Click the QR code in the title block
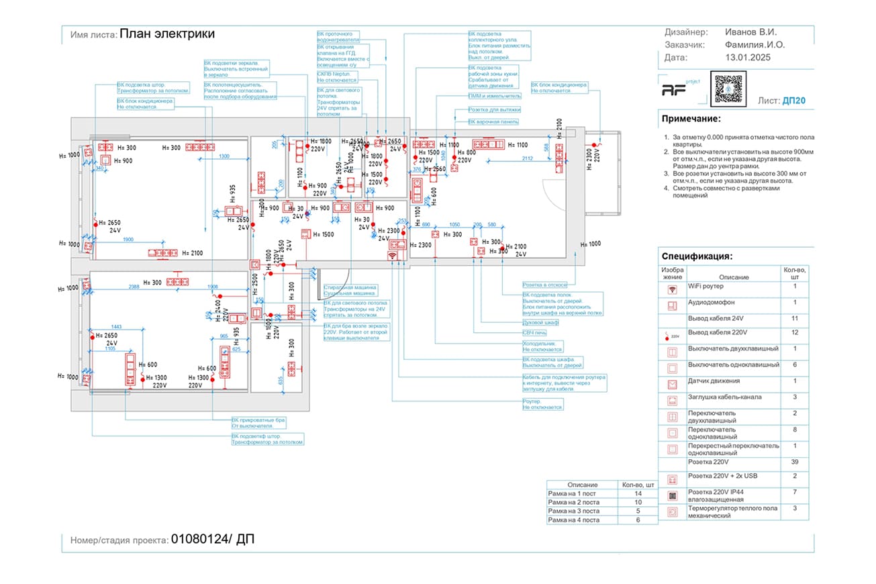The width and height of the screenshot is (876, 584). (730, 88)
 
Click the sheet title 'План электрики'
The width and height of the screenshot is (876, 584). (167, 34)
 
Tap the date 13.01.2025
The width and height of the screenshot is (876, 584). (748, 58)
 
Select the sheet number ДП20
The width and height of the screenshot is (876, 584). (793, 101)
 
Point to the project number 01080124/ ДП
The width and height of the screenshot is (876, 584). (213, 539)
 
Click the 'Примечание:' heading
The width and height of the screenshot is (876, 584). (691, 119)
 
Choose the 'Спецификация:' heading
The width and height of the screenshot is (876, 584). (697, 256)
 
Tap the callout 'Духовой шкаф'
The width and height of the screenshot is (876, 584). (541, 323)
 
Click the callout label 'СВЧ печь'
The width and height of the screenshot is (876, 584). (536, 332)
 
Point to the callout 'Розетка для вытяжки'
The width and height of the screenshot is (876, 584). (494, 109)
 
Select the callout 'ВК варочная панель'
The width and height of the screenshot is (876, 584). (493, 121)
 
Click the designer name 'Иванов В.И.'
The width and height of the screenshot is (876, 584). (751, 32)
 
